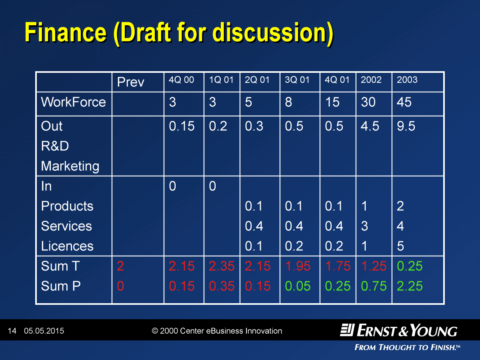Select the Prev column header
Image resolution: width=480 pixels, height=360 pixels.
(x=130, y=82)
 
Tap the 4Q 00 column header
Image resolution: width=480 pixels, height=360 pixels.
(x=181, y=80)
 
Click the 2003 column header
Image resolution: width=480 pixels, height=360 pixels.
(x=407, y=80)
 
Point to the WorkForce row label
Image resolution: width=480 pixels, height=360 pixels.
(x=74, y=102)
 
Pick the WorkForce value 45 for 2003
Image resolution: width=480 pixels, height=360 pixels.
(x=404, y=102)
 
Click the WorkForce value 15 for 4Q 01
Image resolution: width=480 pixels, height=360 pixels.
(x=332, y=102)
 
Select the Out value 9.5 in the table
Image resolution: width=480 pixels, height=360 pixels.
(x=406, y=126)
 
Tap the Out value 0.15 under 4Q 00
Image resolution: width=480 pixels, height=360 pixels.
(x=182, y=126)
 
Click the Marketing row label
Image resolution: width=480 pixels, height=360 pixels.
(x=70, y=166)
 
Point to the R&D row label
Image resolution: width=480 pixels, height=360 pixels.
(x=55, y=146)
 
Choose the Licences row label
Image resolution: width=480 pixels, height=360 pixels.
(x=67, y=246)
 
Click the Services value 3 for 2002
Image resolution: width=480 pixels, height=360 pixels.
(x=364, y=226)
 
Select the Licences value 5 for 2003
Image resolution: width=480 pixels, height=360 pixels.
(x=400, y=246)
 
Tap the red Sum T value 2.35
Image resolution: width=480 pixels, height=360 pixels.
(x=222, y=266)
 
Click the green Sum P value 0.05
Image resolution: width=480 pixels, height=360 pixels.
(x=298, y=286)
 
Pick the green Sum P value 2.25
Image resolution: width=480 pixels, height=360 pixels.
(x=410, y=286)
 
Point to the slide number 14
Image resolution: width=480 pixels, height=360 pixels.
(x=12, y=331)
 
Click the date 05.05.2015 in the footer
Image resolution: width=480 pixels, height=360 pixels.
(x=44, y=331)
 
